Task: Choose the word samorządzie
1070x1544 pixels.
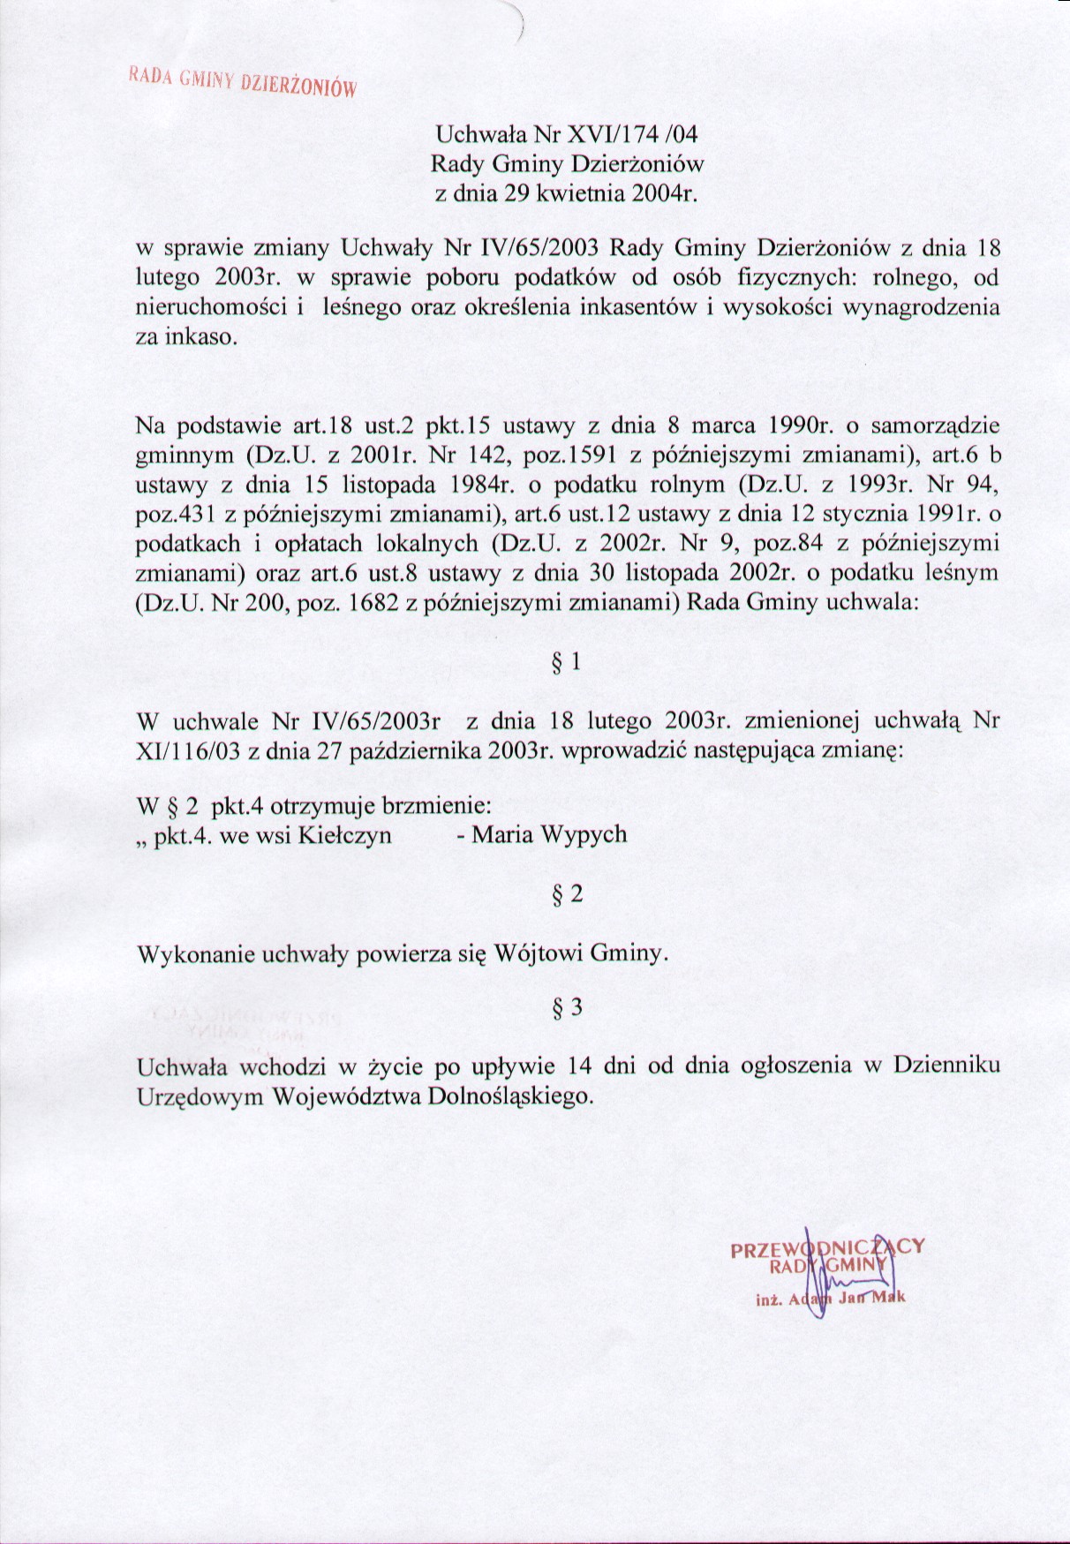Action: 935,426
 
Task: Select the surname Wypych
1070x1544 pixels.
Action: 588,834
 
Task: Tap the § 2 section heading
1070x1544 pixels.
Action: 567,894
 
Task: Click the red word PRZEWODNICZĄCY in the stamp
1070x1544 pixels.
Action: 827,1248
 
